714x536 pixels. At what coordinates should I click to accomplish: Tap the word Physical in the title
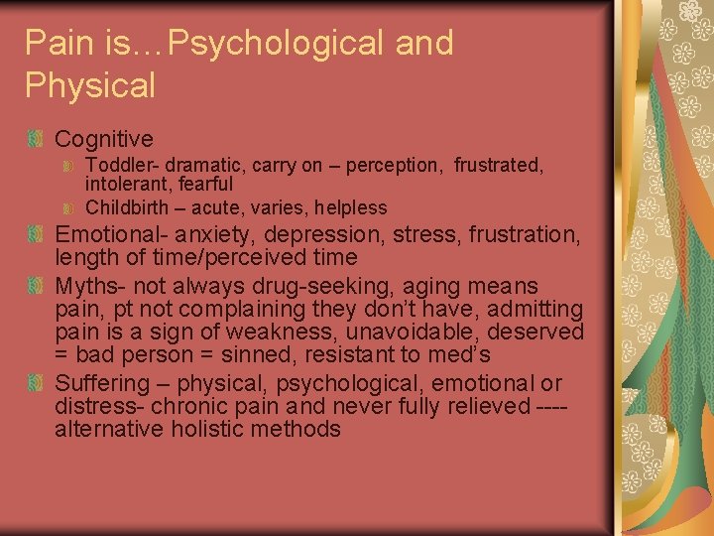[90, 85]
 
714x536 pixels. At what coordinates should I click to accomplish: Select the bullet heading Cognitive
[104, 139]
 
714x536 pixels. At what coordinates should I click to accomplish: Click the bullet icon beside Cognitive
[36, 139]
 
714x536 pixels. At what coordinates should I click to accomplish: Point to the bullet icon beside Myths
[36, 286]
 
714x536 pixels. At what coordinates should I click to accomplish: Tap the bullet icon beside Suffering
[36, 383]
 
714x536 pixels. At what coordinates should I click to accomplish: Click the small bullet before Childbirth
[69, 207]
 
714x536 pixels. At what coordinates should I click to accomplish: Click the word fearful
[200, 184]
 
